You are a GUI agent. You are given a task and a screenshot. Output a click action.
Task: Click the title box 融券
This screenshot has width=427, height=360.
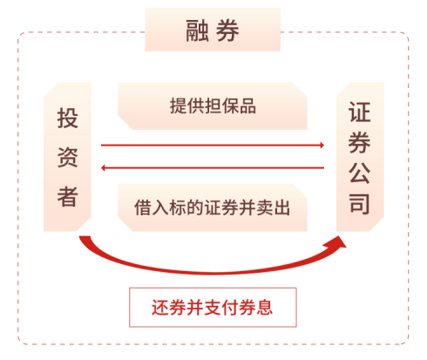tap(213, 30)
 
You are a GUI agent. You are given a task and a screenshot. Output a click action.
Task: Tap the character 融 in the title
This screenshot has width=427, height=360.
tap(197, 31)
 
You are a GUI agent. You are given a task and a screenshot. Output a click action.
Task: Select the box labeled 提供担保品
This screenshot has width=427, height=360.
tap(213, 105)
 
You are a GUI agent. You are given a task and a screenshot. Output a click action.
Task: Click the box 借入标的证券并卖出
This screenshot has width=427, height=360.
tap(213, 207)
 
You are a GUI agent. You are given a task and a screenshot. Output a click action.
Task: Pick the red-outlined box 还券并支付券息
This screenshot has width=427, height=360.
tap(213, 308)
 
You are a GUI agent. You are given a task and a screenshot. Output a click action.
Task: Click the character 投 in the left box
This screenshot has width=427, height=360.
tap(68, 118)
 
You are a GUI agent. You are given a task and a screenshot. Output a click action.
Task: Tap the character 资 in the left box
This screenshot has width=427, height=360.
tap(68, 157)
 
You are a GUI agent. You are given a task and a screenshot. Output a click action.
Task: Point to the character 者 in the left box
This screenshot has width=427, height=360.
tap(68, 197)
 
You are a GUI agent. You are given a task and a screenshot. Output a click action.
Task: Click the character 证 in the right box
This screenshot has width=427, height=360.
tap(360, 112)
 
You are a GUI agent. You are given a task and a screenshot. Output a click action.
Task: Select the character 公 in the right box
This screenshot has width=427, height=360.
tap(360, 173)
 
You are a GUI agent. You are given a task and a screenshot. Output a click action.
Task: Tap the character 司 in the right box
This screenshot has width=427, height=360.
tap(360, 204)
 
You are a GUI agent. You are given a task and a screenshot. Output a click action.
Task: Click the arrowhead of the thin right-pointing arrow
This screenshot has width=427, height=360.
tap(322, 145)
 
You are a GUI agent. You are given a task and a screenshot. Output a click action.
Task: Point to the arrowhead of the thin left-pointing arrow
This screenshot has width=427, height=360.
tap(103, 167)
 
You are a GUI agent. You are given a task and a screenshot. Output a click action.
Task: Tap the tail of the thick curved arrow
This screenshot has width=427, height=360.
tap(85, 238)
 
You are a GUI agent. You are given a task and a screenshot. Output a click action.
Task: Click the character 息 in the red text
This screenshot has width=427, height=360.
tap(264, 308)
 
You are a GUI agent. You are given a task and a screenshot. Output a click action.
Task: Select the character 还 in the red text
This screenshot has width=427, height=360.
tap(160, 308)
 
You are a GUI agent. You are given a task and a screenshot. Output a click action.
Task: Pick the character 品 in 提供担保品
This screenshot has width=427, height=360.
tap(247, 105)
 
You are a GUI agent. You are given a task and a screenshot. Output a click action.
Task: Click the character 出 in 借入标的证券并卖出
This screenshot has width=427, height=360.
tap(281, 207)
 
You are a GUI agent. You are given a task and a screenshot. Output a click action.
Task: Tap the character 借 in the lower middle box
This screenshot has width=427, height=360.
tap(143, 207)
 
